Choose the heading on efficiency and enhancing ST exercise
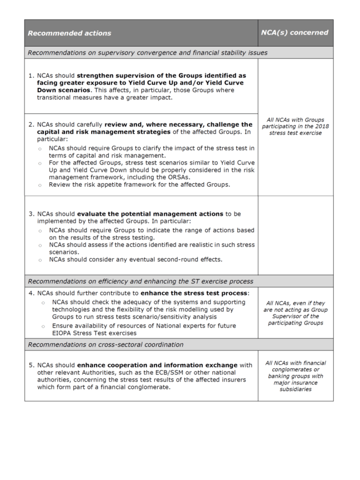pos(141,281)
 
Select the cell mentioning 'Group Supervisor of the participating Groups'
pos(295,316)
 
